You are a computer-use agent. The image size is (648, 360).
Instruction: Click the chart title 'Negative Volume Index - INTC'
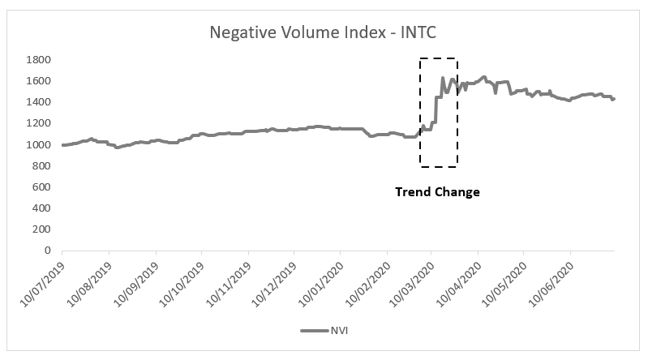(324, 32)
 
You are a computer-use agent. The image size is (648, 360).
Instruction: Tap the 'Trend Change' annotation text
(437, 192)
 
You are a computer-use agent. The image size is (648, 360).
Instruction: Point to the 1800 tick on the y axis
(39, 60)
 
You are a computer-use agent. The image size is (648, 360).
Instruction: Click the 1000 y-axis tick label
(39, 145)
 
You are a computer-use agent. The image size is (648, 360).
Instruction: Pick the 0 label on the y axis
(49, 251)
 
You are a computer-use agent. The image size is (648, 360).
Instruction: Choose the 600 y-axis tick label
(42, 187)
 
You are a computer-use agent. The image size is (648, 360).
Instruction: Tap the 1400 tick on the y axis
(39, 102)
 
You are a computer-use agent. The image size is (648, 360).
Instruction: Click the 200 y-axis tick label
(42, 229)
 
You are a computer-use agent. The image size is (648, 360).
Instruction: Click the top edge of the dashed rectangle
(439, 58)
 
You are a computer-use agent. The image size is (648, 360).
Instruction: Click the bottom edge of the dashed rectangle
(439, 166)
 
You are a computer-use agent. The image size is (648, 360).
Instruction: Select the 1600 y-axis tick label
(39, 81)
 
